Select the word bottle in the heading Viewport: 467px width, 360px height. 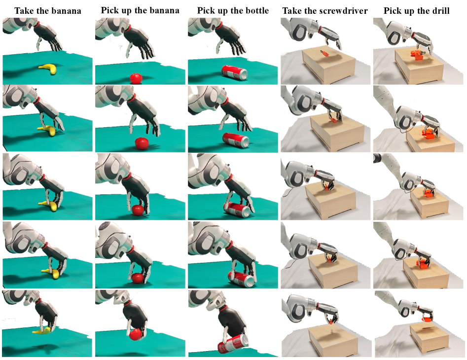coord(256,11)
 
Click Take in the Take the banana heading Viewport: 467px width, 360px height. coord(24,11)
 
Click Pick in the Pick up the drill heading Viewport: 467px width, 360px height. coord(392,11)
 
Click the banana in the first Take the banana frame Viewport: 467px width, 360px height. coord(48,69)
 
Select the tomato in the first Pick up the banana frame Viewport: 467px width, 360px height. coord(136,78)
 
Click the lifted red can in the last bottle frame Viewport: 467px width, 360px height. coord(233,343)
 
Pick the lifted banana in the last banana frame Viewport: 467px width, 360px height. coord(42,330)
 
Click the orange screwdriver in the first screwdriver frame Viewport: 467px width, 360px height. coord(323,53)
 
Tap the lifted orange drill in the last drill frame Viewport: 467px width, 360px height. coord(428,319)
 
